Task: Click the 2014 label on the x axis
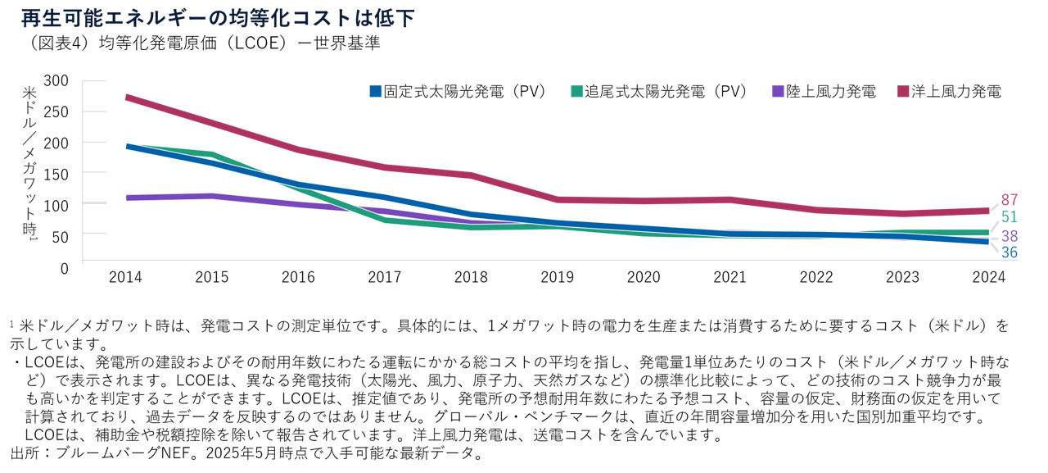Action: coord(125,278)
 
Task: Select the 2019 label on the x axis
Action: coord(557,278)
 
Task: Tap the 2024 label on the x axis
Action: coord(988,278)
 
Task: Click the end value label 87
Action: coord(1010,200)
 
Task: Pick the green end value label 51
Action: coord(1010,217)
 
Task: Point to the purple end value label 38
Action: coord(1010,235)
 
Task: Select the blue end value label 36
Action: coord(1010,252)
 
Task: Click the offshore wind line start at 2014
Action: coord(126,98)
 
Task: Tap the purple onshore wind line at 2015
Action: coord(211,196)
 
